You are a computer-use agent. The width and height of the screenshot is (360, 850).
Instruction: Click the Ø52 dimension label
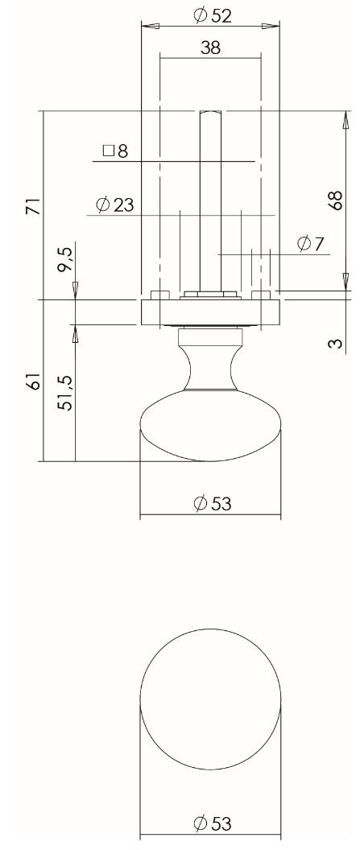point(213,15)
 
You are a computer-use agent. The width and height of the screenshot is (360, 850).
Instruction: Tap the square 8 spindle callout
point(115,151)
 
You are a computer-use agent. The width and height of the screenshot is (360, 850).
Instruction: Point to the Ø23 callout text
point(114,204)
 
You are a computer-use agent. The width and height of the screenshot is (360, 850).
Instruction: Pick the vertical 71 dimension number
point(32,205)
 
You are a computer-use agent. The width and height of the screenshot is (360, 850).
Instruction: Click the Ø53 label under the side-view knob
point(212,504)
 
